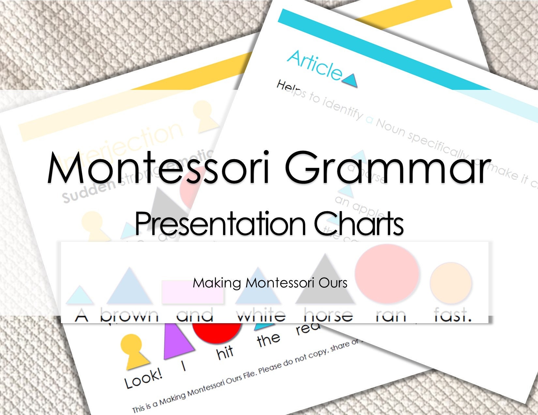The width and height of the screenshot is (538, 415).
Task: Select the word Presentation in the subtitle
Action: (x=220, y=224)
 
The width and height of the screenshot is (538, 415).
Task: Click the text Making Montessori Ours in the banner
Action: (x=270, y=283)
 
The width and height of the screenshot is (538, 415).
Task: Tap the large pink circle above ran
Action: (x=386, y=273)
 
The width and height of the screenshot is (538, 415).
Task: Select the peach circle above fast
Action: (x=451, y=283)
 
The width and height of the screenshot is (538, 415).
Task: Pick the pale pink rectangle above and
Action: (x=192, y=292)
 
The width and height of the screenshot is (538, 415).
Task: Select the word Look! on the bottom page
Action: (x=143, y=379)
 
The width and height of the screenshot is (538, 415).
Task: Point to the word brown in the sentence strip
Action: (x=129, y=315)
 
